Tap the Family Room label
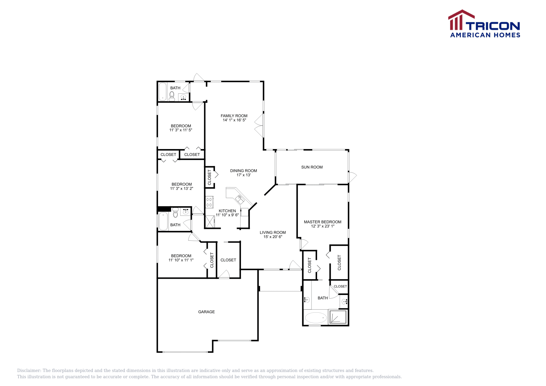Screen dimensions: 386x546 click(234, 116)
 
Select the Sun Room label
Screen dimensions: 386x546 click(312, 167)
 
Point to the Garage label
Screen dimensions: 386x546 click(206, 312)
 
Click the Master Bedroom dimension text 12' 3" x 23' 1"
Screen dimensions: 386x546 click(322, 226)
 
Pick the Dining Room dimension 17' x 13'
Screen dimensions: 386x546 click(244, 175)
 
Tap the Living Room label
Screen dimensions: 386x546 click(273, 233)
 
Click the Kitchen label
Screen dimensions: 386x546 click(227, 211)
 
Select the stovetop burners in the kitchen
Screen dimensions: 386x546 click(209, 202)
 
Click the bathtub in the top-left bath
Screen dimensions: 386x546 click(162, 91)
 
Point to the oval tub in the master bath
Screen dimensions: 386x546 click(316, 318)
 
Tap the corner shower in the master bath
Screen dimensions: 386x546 click(337, 317)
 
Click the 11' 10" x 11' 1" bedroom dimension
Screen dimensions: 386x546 click(181, 260)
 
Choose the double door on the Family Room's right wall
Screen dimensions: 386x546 click(259, 125)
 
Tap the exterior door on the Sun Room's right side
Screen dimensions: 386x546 click(352, 177)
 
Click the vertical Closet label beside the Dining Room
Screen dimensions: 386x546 click(210, 177)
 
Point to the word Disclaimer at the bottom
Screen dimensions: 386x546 click(29, 371)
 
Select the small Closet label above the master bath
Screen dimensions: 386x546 click(340, 286)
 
